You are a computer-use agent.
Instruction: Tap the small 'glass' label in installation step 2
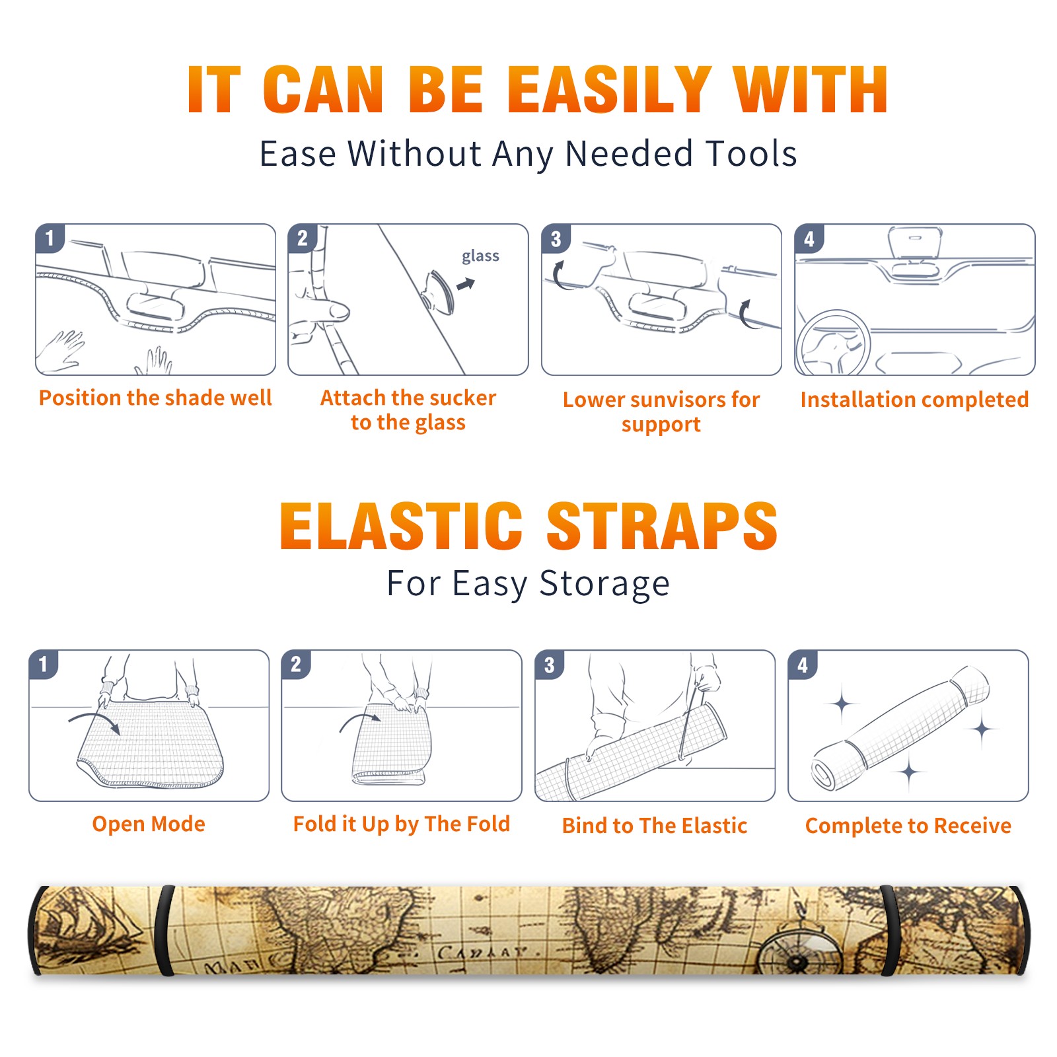pyautogui.click(x=480, y=256)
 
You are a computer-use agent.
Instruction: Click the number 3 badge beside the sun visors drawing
pyautogui.click(x=556, y=238)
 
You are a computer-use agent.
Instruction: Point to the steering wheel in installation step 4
pyautogui.click(x=832, y=343)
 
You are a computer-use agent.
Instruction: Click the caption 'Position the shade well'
pyautogui.click(x=155, y=398)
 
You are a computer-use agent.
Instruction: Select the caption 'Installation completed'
pyautogui.click(x=914, y=400)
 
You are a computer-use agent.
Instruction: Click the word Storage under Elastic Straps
pyautogui.click(x=604, y=584)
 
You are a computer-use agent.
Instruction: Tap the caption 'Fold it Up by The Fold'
pyautogui.click(x=402, y=824)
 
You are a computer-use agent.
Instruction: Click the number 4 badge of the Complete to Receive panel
pyautogui.click(x=803, y=665)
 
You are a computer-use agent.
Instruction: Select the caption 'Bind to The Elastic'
pyautogui.click(x=655, y=826)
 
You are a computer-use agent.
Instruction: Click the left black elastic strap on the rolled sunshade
pyautogui.click(x=164, y=930)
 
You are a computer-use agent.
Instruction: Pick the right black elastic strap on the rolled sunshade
pyautogui.click(x=889, y=930)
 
